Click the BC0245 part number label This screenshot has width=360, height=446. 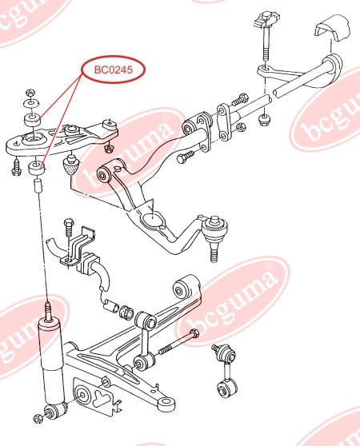(x=114, y=70)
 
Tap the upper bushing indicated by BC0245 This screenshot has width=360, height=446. (x=32, y=120)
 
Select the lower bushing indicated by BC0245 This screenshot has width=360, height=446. (x=37, y=169)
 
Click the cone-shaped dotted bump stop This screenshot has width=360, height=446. (x=70, y=165)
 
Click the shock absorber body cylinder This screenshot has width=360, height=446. (x=53, y=361)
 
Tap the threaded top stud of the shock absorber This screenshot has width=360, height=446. (x=49, y=311)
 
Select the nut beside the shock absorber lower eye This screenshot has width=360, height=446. (x=38, y=418)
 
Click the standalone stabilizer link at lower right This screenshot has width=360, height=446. (x=226, y=370)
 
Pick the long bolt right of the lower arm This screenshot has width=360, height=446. (x=178, y=342)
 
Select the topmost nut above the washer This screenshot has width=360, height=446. (x=30, y=93)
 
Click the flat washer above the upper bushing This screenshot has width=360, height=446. (x=31, y=102)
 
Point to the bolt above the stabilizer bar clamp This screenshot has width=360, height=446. (x=69, y=228)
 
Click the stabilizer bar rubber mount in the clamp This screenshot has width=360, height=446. (x=88, y=262)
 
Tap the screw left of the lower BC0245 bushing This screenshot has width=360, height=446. (x=17, y=167)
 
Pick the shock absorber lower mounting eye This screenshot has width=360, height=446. (x=55, y=411)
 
